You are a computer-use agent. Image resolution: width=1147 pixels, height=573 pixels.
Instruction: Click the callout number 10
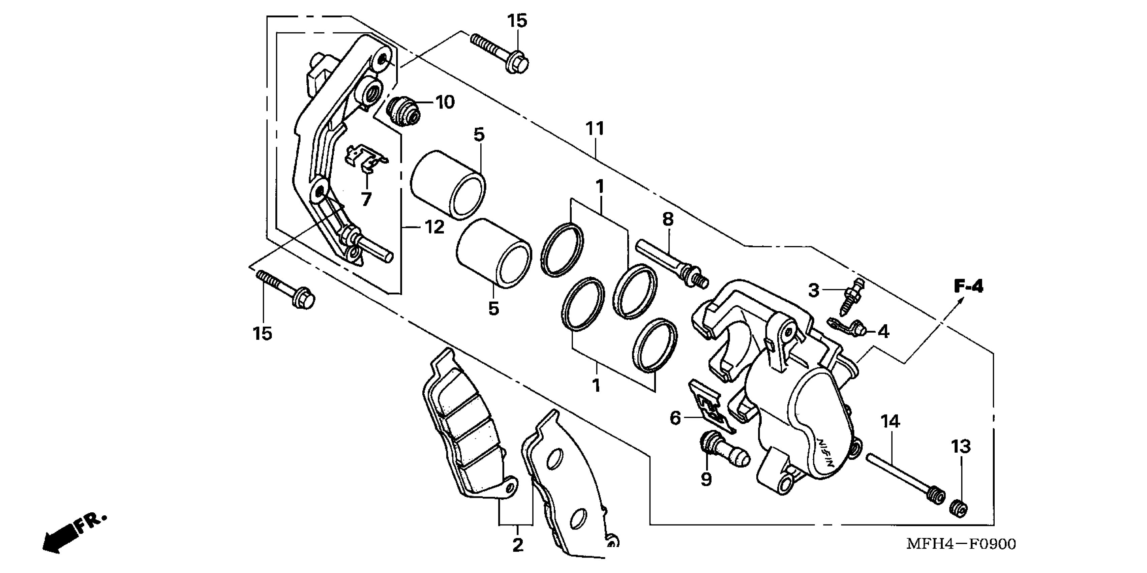point(445,102)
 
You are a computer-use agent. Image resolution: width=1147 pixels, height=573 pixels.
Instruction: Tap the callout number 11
point(595,129)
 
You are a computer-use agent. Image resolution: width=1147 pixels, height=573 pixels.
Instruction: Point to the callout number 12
point(434,228)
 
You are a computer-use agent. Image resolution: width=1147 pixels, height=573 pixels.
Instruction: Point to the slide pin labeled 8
point(670,263)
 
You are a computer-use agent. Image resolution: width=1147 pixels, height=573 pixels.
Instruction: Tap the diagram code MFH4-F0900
point(961,544)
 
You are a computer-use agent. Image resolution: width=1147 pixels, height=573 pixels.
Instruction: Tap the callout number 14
point(889,421)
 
